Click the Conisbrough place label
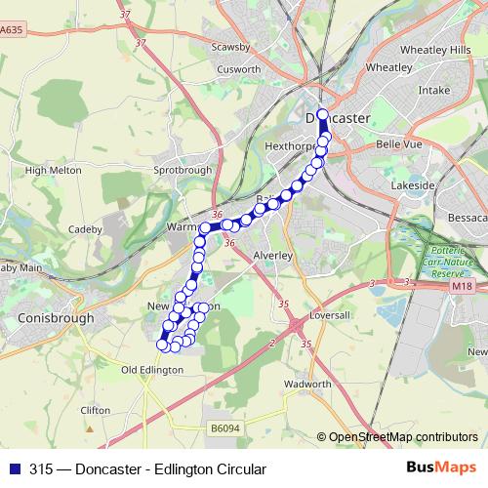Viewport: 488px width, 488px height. click(56, 318)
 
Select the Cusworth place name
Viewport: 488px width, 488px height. click(239, 69)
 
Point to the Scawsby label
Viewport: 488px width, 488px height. click(231, 47)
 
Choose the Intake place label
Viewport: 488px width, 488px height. click(433, 90)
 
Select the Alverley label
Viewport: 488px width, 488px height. click(273, 255)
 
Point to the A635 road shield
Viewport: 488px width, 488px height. click(12, 30)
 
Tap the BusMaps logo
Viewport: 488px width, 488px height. click(441, 468)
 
